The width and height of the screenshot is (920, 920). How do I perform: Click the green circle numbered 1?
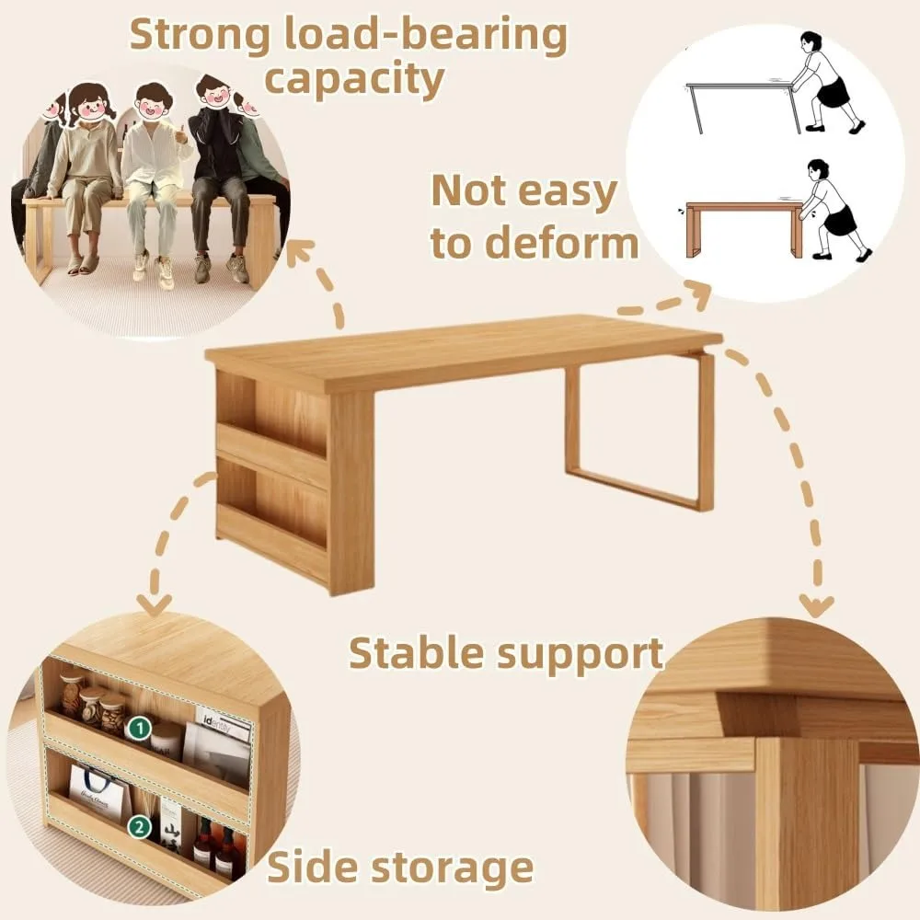point(140,729)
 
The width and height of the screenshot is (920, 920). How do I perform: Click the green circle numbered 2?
point(140,827)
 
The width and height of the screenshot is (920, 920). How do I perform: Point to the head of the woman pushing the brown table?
point(816,171)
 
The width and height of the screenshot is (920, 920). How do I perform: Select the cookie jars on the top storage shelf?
point(94,704)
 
